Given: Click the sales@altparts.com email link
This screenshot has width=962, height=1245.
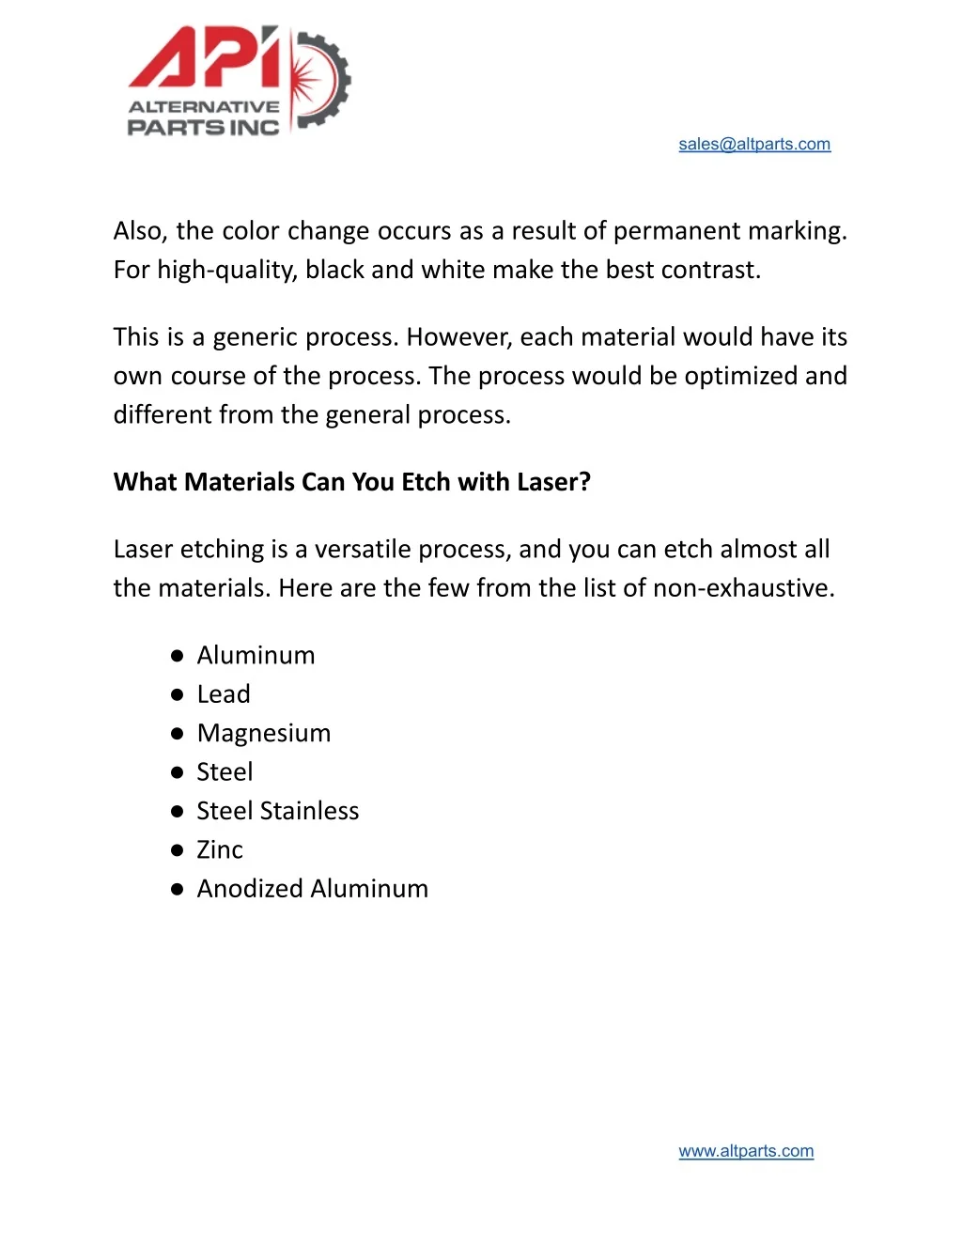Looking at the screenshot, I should (x=754, y=144).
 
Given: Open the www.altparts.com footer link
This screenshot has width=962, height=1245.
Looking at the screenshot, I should (x=746, y=1151).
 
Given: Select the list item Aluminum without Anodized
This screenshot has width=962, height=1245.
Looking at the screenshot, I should (x=256, y=655).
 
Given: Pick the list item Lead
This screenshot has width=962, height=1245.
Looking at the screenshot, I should (x=224, y=694).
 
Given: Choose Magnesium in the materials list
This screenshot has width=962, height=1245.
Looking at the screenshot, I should (x=264, y=733).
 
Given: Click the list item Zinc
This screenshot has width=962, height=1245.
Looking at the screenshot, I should (x=220, y=849).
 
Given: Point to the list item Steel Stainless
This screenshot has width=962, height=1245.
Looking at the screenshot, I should (x=278, y=811).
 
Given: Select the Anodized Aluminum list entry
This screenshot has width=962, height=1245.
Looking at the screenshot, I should (x=312, y=889).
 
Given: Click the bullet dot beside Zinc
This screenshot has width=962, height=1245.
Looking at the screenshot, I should (x=177, y=850).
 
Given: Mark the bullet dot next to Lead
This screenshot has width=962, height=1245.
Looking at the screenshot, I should (x=177, y=695).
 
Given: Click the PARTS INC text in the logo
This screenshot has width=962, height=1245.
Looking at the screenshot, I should (x=204, y=128).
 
